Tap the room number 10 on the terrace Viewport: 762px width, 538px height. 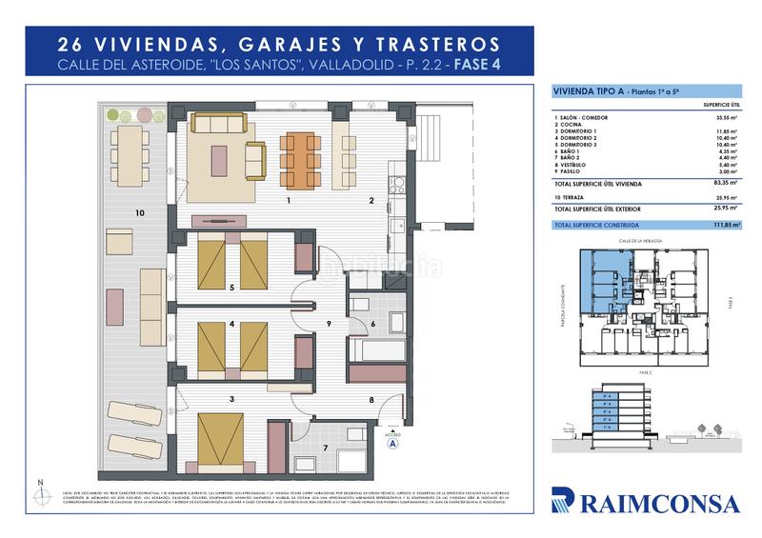139,212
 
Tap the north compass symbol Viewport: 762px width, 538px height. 39,494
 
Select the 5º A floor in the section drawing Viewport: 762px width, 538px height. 606,393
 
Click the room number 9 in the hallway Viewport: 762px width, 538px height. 328,325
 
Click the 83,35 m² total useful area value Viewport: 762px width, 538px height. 726,181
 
